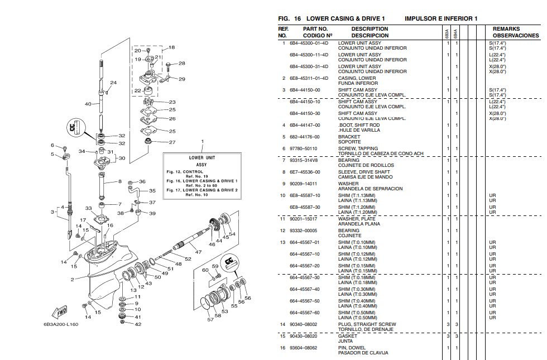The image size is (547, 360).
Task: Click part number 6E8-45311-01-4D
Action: tap(309, 78)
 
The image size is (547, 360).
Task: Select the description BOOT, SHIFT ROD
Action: tap(359, 125)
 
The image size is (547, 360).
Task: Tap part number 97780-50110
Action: tap(303, 148)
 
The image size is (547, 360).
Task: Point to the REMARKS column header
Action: tap(506, 29)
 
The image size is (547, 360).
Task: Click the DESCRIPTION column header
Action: tap(370, 29)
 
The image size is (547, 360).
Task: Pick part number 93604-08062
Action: tap(303, 348)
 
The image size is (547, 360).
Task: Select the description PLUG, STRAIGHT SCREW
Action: tap(367, 324)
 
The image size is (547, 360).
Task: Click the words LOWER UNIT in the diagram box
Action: tap(201, 158)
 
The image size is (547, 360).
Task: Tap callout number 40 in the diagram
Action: tap(88, 104)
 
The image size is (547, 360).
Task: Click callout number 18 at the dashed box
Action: tap(171, 47)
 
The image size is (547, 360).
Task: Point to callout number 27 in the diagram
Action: tap(172, 142)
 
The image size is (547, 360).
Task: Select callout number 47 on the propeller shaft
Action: tap(197, 252)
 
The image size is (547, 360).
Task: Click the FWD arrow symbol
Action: tap(59, 311)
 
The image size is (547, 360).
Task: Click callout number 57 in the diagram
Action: tap(210, 320)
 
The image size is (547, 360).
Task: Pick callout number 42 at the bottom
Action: tap(138, 324)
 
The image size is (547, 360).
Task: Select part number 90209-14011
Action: tap(303, 184)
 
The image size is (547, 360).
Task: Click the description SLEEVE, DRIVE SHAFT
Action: tap(364, 172)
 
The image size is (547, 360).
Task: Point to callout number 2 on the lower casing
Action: tap(73, 279)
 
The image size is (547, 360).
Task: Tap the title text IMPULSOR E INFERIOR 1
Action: tap(440, 18)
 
